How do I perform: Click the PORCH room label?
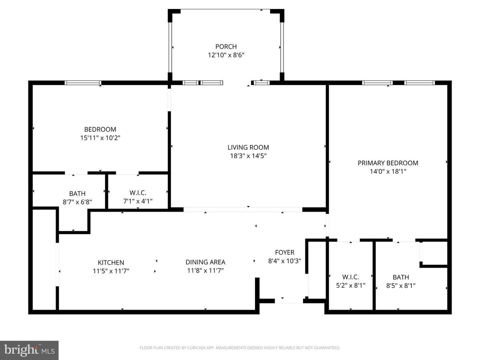tap(226, 46)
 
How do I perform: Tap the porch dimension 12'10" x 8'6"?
tap(226, 55)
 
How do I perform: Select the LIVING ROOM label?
tap(248, 147)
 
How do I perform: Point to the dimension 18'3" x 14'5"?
tap(248, 156)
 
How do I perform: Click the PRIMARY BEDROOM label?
tap(388, 163)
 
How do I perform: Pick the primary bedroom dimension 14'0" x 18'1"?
tap(388, 171)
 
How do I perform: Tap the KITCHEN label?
tap(111, 262)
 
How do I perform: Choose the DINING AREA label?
tap(205, 262)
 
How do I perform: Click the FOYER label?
tap(285, 252)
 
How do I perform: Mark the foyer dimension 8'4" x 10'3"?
tap(285, 261)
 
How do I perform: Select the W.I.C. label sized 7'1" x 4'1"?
tap(138, 193)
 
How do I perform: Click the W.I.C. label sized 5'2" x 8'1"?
tap(351, 277)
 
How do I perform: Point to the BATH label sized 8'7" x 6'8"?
tap(77, 193)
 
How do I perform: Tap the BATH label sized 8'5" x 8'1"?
tap(400, 277)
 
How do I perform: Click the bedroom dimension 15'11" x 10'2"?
tap(100, 138)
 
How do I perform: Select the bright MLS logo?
tap(29, 350)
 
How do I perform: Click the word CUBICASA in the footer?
tap(196, 348)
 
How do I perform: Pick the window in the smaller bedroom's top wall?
tap(83, 83)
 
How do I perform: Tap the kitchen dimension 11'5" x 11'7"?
tap(111, 271)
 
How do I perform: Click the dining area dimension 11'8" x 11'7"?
tap(205, 271)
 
